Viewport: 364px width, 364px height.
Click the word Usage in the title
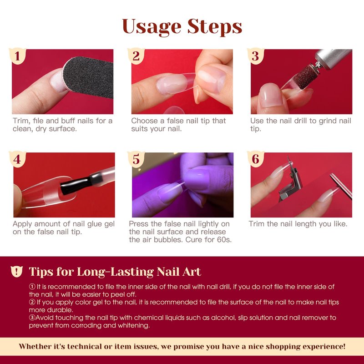coord(152,27)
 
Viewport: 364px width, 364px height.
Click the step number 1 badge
coord(17,56)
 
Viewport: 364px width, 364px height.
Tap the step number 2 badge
coord(136,56)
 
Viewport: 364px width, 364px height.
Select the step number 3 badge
coord(255,56)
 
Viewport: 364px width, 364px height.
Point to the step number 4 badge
coord(17,159)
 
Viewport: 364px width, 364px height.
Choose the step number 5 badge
coord(136,159)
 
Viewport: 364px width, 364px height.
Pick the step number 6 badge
coord(255,159)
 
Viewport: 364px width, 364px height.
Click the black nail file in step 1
coord(88,76)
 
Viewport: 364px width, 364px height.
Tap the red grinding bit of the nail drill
coord(304,76)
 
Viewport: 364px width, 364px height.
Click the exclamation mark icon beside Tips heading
coord(17,271)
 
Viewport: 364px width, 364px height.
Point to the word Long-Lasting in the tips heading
coord(115,272)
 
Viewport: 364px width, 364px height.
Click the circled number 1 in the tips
coord(32,287)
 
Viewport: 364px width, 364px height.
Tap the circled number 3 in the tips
coord(32,318)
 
